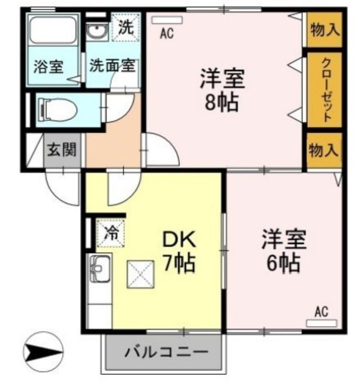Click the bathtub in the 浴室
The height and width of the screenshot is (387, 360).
[x=53, y=30]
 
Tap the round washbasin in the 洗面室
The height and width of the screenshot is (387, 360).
[x=97, y=31]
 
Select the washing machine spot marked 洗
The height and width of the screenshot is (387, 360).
[x=126, y=28]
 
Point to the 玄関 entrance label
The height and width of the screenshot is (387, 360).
[x=62, y=150]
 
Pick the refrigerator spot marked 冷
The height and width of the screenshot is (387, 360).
[x=111, y=233]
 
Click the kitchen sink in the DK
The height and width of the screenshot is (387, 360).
[x=100, y=268]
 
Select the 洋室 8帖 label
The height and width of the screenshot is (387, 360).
[x=222, y=89]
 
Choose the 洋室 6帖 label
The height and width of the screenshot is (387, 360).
[x=284, y=251]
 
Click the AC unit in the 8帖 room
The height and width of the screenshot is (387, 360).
[x=167, y=20]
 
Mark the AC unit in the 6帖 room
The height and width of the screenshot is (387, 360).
[x=322, y=323]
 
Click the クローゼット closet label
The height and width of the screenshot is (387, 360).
[x=325, y=90]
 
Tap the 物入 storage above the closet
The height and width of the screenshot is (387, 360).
[x=325, y=30]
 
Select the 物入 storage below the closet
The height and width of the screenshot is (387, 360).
[x=324, y=150]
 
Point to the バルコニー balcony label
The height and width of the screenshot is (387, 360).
[x=166, y=352]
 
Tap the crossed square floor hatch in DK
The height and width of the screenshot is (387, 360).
[x=140, y=274]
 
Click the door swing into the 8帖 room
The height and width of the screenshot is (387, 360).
[x=160, y=149]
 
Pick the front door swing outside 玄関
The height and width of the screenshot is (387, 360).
[x=63, y=186]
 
